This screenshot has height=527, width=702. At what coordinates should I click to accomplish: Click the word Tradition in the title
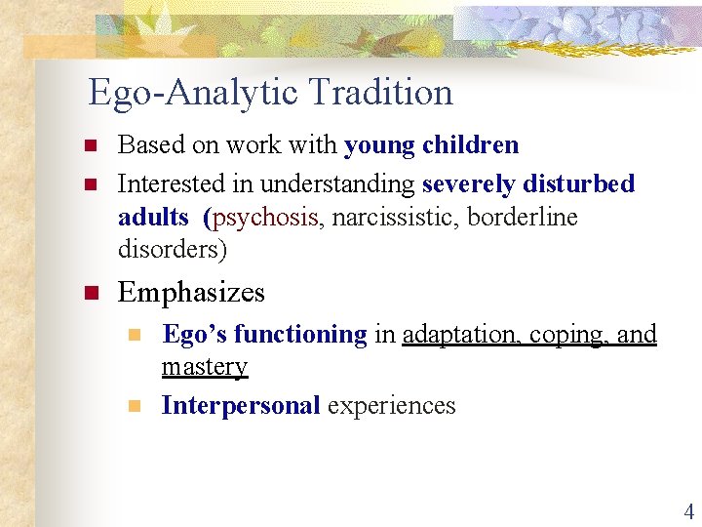pos(381,93)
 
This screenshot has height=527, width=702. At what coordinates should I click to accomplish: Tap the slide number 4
pos(688,510)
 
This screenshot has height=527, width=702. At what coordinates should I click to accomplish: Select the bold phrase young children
pos(431,145)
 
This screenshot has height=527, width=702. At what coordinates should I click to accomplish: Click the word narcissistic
pos(397,217)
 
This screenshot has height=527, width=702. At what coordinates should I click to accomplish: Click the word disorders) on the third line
pos(173,250)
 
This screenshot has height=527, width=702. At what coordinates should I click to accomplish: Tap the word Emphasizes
pos(191,292)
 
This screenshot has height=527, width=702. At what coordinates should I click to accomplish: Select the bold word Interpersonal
pos(241,405)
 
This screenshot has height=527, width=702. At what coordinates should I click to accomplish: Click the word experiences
pos(392,405)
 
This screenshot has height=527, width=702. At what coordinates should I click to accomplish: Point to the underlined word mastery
pos(205,367)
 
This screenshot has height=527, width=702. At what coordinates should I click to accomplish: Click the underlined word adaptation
pos(461,335)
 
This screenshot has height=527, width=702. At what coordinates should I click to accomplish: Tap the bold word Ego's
pos(194,335)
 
